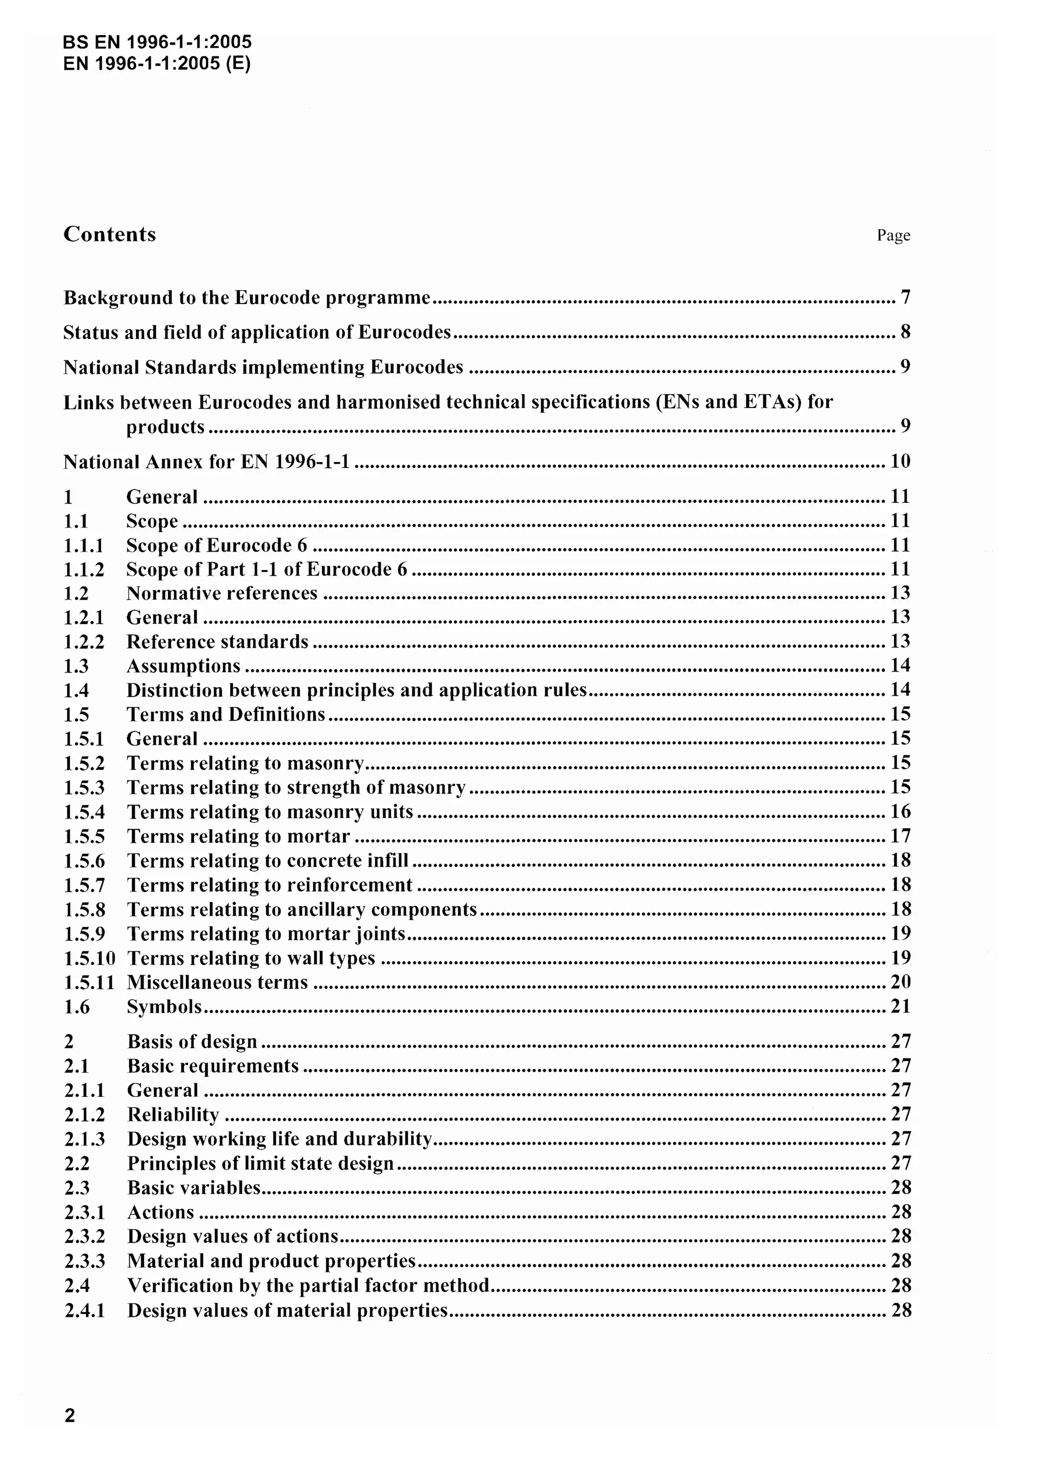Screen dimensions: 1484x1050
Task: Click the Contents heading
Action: pyautogui.click(x=109, y=234)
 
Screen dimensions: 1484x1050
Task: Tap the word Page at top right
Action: pyautogui.click(x=893, y=235)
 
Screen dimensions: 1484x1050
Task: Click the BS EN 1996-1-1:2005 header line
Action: pyautogui.click(x=157, y=43)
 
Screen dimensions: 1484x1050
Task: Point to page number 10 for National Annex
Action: pyautogui.click(x=899, y=461)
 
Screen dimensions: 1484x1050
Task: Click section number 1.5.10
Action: pyautogui.click(x=89, y=958)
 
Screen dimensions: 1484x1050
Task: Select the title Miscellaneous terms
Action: pyautogui.click(x=217, y=983)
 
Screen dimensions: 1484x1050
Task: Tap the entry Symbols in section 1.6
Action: pyautogui.click(x=164, y=1006)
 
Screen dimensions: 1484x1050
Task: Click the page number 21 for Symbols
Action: pyautogui.click(x=900, y=1006)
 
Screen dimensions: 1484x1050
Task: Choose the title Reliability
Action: pyautogui.click(x=173, y=1114)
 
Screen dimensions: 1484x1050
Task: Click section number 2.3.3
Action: pyautogui.click(x=84, y=1261)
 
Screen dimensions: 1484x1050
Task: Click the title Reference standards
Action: pyautogui.click(x=217, y=642)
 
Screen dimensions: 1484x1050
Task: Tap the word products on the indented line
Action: pyautogui.click(x=165, y=426)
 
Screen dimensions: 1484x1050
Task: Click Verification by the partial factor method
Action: pyautogui.click(x=308, y=1285)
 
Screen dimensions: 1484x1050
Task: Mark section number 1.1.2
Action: pyautogui.click(x=84, y=570)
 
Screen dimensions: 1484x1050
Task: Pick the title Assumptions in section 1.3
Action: pyautogui.click(x=183, y=666)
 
